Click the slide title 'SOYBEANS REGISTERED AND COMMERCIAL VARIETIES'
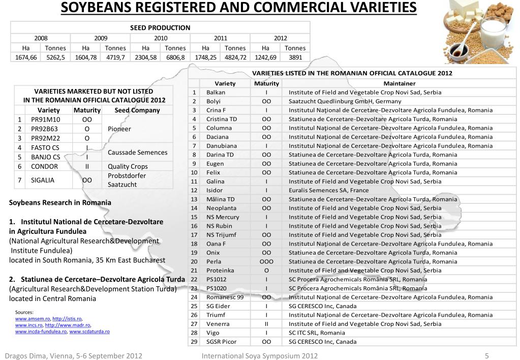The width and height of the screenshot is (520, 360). [x=238, y=8]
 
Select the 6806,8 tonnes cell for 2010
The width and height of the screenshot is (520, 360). [x=175, y=57]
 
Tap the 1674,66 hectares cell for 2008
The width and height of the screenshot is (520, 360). [x=26, y=57]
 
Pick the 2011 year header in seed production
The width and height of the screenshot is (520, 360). [x=221, y=38]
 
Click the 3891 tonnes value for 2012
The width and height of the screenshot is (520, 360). [x=295, y=57]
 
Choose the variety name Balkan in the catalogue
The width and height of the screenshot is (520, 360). [x=216, y=93]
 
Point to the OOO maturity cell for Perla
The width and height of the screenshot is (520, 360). [x=266, y=261]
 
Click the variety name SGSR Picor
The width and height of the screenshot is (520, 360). [x=222, y=342]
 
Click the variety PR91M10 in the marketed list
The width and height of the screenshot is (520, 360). [x=46, y=119]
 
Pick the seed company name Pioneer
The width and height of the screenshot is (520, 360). [x=119, y=129]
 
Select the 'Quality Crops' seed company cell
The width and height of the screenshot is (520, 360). [x=128, y=166]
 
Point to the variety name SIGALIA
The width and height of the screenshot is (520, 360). [x=43, y=179]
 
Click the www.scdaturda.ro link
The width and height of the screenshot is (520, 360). [x=89, y=331]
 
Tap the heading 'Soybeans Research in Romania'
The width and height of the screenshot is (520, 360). [x=60, y=202]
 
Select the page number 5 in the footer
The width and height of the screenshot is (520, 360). [x=486, y=356]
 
